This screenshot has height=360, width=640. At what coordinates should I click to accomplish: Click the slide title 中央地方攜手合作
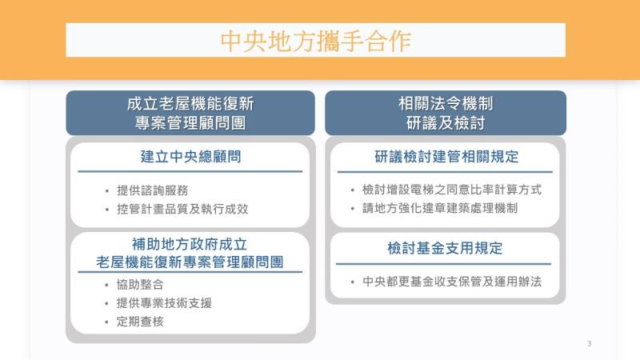(x=315, y=41)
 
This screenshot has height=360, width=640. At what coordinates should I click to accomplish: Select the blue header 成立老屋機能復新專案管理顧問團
(x=190, y=113)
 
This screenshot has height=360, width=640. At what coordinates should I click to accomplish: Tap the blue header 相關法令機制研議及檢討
(x=445, y=113)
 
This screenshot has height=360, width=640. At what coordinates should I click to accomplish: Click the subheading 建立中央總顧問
(x=190, y=157)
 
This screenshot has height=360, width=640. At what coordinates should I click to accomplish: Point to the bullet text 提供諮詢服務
(x=153, y=191)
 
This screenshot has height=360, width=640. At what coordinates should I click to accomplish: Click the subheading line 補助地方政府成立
(x=190, y=244)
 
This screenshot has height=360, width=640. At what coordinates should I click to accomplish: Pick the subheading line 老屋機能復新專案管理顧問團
(x=190, y=262)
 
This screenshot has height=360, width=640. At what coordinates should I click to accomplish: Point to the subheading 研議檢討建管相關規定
(x=446, y=157)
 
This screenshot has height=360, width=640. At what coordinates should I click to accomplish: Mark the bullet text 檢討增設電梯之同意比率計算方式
(x=451, y=190)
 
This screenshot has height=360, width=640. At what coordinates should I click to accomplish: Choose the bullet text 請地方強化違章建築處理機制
(x=439, y=209)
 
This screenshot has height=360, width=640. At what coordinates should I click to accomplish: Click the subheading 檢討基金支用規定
(x=445, y=248)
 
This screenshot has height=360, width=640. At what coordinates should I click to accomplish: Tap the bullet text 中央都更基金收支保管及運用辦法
(x=451, y=282)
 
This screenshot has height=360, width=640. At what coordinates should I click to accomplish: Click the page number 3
(x=589, y=344)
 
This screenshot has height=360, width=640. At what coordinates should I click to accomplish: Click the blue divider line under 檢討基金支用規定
(x=445, y=264)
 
